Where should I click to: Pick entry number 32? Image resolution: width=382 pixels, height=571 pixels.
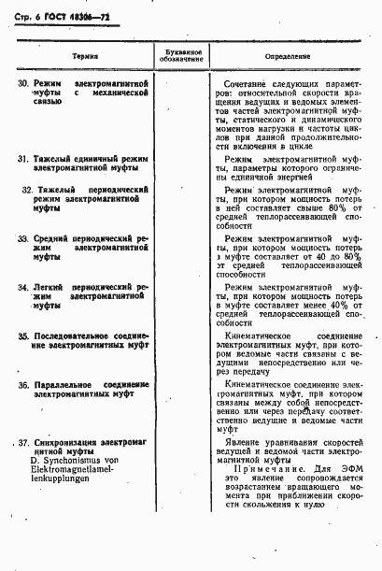pyautogui.click(x=28, y=190)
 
